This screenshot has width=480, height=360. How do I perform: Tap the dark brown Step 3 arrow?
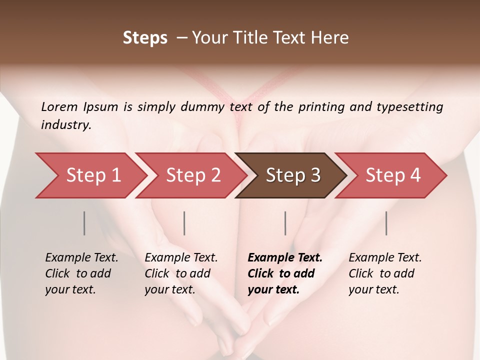click(293, 175)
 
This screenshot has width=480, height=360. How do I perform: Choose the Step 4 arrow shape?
click(393, 175)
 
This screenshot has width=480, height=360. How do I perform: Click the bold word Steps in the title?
click(145, 38)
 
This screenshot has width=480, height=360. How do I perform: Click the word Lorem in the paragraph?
click(59, 106)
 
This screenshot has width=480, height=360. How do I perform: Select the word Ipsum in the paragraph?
click(101, 106)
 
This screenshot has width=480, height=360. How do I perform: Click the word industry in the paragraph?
click(65, 124)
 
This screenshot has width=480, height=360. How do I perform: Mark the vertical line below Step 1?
click(84, 223)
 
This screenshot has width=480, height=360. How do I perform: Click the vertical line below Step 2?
click(184, 223)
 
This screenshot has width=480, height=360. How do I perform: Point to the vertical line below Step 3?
click(285, 223)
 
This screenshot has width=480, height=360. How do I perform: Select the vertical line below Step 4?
click(386, 223)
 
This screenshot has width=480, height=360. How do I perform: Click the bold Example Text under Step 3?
click(285, 258)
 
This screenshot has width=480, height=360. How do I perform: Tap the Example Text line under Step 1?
click(81, 258)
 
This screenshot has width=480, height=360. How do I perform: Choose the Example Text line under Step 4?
click(385, 258)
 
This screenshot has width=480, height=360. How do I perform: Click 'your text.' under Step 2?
click(170, 289)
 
